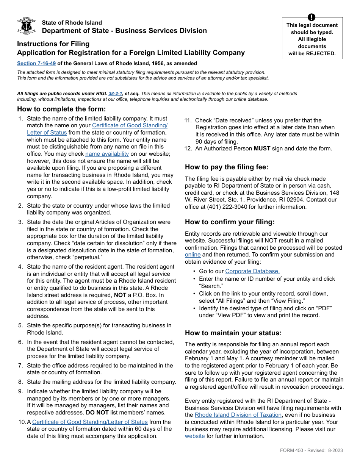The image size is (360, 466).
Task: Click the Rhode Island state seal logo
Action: coord(27,26)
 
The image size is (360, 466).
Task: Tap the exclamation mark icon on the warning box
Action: coord(311,17)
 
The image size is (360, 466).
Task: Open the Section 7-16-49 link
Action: coord(36,64)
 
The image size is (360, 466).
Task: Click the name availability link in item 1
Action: coord(107,154)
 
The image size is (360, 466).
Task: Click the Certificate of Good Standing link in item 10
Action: coord(90,422)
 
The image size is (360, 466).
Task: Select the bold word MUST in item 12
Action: coord(262,149)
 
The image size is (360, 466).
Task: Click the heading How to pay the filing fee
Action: coord(227,167)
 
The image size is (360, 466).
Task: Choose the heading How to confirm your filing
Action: coord(230,222)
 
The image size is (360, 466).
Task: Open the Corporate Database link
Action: coord(252,271)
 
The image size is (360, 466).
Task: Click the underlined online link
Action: coord(193,255)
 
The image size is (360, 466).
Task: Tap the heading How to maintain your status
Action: coord(233,333)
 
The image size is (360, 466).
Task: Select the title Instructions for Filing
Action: coord(53,44)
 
